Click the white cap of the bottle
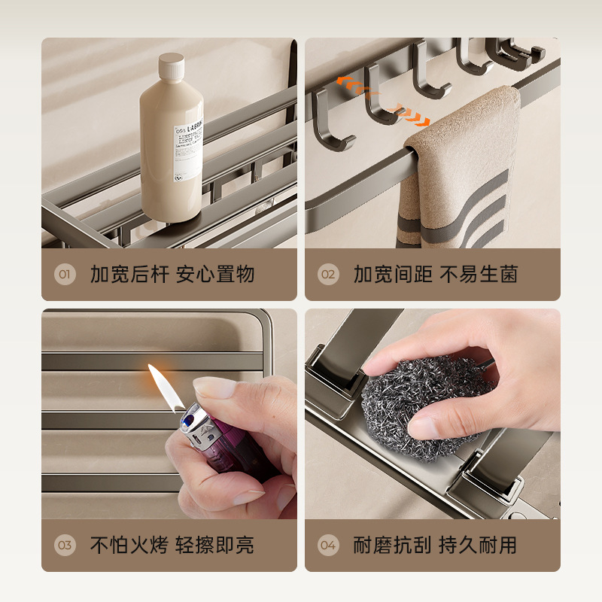(172, 67)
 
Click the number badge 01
(65, 274)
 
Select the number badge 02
(328, 274)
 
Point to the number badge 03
(65, 545)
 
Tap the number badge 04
(328, 545)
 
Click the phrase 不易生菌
(479, 274)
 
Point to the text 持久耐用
(479, 545)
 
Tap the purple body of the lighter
(226, 455)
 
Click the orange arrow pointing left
(348, 81)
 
